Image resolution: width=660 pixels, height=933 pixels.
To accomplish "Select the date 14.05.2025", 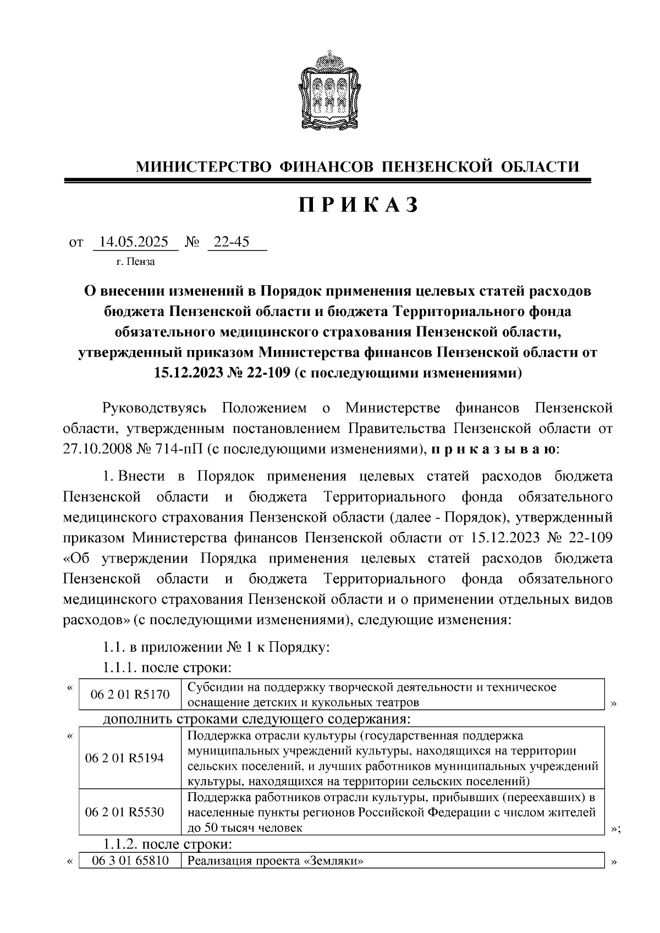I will [x=135, y=242].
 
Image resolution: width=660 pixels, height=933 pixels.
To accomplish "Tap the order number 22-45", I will [x=231, y=242].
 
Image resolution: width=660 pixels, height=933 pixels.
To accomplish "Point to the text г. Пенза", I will [x=135, y=262].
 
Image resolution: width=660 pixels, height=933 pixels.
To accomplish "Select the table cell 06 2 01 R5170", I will [x=130, y=695].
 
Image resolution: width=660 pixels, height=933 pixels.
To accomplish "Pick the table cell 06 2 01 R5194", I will [x=124, y=758].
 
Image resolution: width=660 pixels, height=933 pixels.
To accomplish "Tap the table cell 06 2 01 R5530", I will [x=124, y=812].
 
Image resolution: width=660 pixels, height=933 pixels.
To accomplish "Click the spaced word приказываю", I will [x=493, y=448].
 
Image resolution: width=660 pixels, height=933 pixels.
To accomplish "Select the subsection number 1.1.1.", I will [x=120, y=668].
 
